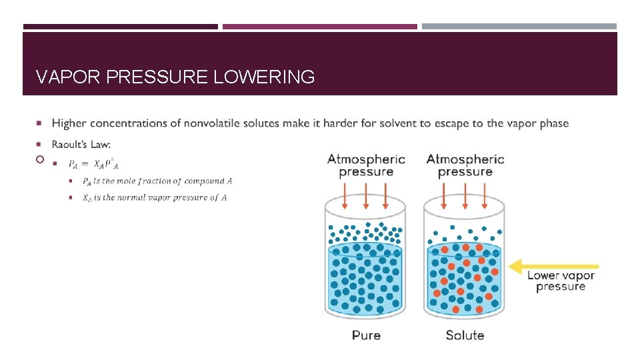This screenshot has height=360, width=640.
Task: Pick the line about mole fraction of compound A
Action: (157, 181)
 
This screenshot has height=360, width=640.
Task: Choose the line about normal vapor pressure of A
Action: (155, 197)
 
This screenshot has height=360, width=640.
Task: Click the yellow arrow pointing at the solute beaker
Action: (553, 267)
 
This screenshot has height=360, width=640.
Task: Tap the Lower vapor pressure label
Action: (561, 281)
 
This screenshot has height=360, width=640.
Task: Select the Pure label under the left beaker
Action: (366, 335)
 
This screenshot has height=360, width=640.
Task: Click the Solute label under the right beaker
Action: (465, 335)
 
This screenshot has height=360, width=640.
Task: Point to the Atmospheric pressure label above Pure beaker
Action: (366, 165)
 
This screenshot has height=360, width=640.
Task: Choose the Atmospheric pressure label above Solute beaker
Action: (465, 165)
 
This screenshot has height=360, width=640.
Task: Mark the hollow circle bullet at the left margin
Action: (40, 160)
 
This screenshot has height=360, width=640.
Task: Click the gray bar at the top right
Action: (519, 27)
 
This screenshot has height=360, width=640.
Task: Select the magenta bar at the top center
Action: (319, 27)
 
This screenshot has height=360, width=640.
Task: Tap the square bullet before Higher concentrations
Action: (40, 123)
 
